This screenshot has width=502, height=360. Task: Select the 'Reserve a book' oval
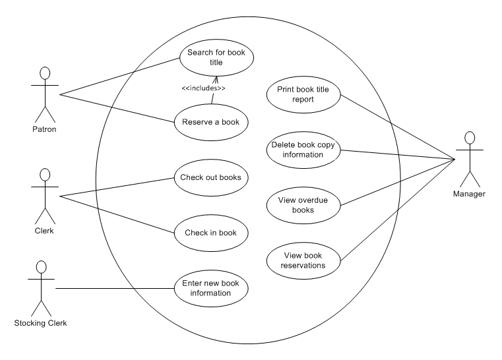211,121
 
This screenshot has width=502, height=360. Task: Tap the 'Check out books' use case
211,177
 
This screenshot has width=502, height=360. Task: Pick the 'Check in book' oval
211,233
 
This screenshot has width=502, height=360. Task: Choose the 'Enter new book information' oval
211,288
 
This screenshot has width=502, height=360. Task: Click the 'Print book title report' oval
304,94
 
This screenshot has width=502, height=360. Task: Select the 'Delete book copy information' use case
304,150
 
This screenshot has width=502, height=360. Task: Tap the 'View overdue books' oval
304,205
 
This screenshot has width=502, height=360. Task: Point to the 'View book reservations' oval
304,260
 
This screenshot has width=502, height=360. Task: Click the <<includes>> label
203,88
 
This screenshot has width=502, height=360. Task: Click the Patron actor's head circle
46,73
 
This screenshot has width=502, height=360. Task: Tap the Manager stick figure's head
469,138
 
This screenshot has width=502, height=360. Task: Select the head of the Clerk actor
46,175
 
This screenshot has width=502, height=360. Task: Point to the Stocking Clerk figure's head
41,267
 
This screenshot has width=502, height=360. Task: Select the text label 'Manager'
469,195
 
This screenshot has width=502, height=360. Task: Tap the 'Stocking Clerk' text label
41,323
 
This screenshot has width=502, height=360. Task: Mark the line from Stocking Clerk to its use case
112,288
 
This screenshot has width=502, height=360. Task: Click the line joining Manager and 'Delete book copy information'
396,154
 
